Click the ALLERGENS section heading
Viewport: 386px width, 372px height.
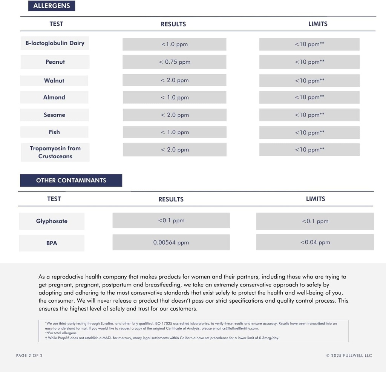(52, 6)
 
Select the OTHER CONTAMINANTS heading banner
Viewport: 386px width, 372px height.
(71, 181)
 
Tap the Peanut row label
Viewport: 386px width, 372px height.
(55, 62)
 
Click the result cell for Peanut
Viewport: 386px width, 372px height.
(175, 62)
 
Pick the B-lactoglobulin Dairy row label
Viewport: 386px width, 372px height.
(55, 43)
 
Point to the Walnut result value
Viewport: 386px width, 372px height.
(175, 80)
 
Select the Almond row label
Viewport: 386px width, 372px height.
(54, 97)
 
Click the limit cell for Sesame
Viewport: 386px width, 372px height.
(309, 115)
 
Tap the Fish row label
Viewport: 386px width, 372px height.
(54, 132)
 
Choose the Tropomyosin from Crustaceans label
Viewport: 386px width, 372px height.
(55, 152)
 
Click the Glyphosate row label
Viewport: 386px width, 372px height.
(52, 221)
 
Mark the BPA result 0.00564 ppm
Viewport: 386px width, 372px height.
(171, 243)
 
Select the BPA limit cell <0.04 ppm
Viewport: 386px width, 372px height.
(315, 242)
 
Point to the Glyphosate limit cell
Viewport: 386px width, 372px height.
(315, 221)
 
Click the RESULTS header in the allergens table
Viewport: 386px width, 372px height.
(173, 24)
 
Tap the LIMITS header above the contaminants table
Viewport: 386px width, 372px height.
(316, 199)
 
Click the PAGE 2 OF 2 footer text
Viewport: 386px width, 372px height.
(29, 355)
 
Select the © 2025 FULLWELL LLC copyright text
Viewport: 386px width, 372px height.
(349, 355)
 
